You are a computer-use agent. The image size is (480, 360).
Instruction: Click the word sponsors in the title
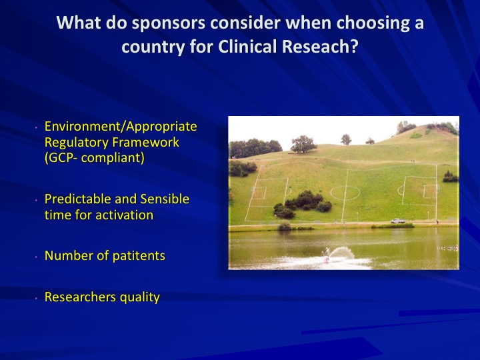(x=169, y=23)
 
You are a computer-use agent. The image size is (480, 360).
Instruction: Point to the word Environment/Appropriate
(x=121, y=127)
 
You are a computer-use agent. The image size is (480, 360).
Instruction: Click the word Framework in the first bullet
(x=146, y=142)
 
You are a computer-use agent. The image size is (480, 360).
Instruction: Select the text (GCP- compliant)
(x=94, y=158)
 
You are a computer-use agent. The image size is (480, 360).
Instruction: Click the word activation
(x=124, y=215)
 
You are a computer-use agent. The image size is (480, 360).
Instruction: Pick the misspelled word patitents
(x=139, y=256)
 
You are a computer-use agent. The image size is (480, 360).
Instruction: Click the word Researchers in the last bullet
(x=80, y=297)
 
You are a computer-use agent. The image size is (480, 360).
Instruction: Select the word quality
(x=140, y=297)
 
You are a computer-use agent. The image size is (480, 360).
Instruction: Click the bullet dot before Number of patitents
(x=36, y=257)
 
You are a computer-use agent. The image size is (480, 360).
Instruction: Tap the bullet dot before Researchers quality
(x=36, y=297)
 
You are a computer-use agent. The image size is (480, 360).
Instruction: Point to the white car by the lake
(x=398, y=221)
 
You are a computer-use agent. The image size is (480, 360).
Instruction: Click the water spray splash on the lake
(x=340, y=253)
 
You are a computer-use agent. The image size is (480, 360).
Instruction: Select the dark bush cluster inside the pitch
(x=303, y=203)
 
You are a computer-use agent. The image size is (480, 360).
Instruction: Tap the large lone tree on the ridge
(x=303, y=144)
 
